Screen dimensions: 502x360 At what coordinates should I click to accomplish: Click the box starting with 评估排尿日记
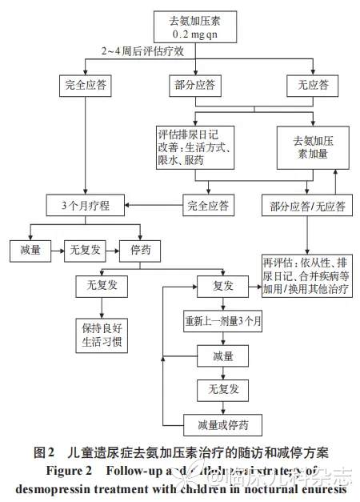(x=195, y=147)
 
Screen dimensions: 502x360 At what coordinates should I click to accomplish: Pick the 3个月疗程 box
(x=83, y=205)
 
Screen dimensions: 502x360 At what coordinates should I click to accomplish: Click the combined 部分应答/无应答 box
(x=304, y=206)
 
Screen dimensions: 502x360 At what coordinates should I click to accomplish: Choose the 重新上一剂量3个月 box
(x=218, y=323)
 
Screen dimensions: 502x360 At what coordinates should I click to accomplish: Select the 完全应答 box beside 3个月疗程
(x=208, y=206)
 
